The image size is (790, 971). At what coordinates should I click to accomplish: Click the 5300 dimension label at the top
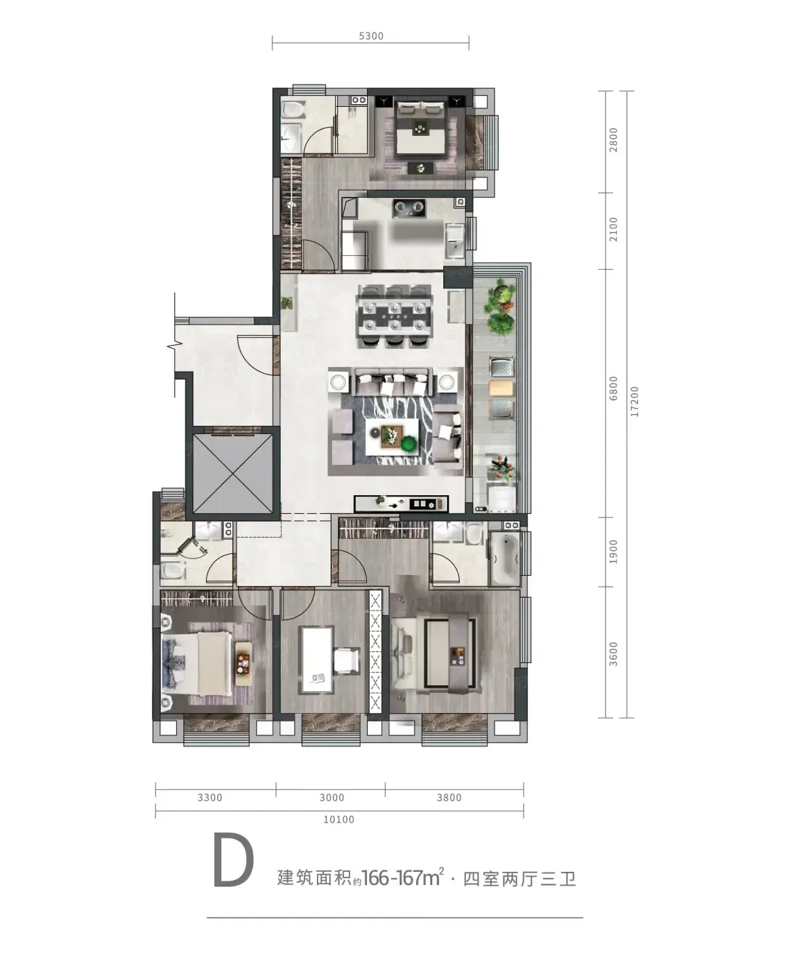[x=370, y=36]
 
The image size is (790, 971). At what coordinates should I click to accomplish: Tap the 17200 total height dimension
[x=634, y=402]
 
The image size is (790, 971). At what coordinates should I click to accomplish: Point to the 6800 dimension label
[x=613, y=388]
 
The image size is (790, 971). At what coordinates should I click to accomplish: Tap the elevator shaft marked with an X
[x=233, y=474]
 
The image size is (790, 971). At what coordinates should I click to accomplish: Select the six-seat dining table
[x=395, y=316]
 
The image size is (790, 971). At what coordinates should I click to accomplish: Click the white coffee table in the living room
[x=392, y=436]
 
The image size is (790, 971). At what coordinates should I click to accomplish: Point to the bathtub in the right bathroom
[x=504, y=558]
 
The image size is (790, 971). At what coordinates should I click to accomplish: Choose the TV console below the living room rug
[x=402, y=504]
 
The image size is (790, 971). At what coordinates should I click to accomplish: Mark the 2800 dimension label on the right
[x=614, y=140]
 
